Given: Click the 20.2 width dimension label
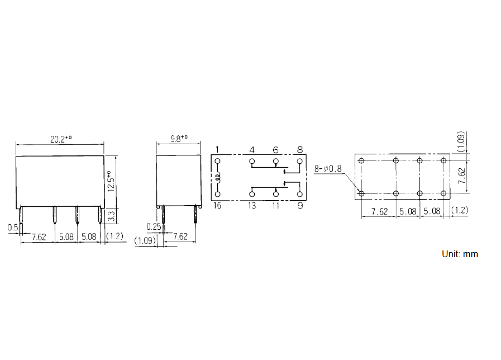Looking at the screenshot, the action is (61, 139).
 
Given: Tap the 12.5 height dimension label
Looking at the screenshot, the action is (111, 181).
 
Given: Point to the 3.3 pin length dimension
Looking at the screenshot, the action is (111, 216).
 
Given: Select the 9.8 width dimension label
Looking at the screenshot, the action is (179, 139).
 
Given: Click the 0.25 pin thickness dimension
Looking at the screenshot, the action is (154, 227).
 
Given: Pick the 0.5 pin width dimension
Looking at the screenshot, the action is (13, 228).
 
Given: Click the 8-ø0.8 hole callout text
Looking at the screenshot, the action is (328, 168).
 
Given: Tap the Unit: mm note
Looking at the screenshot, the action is (460, 254).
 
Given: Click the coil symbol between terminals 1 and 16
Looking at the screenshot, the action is (218, 178).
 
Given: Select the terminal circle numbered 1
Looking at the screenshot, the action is (218, 161).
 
